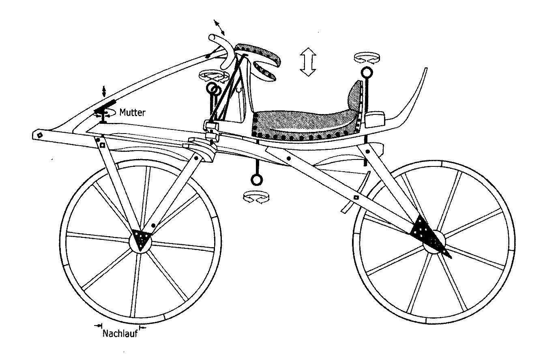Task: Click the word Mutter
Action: click(132, 112)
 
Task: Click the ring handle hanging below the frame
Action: click(256, 179)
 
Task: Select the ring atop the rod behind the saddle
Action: click(367, 73)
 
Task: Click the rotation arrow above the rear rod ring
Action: click(365, 58)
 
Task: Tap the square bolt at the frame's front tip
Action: click(40, 134)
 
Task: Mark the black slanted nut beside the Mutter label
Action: click(105, 107)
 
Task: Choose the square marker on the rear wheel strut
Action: click(356, 197)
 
